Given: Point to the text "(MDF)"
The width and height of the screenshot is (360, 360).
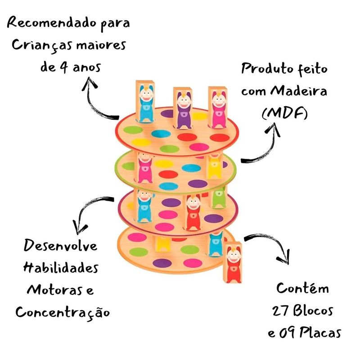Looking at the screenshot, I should [284, 113].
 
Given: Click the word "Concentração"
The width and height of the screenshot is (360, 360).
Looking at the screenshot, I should [63, 311].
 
